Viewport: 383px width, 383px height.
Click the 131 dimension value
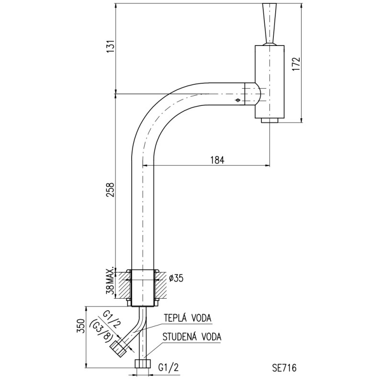click(111, 46)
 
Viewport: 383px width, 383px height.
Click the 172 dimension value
click(296, 64)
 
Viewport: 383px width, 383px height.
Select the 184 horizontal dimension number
click(217, 160)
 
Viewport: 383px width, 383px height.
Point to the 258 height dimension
click(111, 190)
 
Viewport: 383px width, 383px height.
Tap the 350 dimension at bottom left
click(81, 326)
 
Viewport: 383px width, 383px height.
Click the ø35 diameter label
click(176, 278)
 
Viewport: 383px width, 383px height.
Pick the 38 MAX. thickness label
click(111, 281)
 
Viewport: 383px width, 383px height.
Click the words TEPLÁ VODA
click(187, 318)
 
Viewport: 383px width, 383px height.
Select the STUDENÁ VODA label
click(192, 337)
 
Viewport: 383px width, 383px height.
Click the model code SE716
click(284, 368)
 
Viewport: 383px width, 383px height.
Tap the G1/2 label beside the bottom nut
click(169, 367)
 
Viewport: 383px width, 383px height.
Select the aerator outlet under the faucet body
click(270, 121)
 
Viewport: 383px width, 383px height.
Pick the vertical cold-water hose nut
click(143, 363)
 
